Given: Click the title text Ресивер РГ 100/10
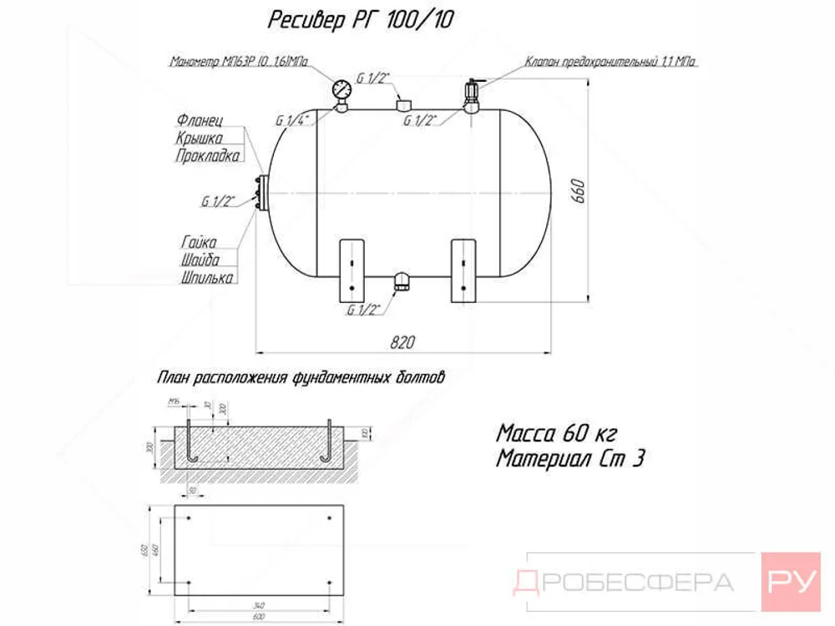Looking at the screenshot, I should click(x=362, y=20).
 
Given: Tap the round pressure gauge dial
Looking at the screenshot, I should click(x=342, y=89).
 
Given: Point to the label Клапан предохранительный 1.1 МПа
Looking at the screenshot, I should click(x=611, y=62).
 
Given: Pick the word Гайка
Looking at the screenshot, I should click(x=199, y=241).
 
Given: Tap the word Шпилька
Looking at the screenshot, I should click(x=206, y=278).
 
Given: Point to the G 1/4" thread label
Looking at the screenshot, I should click(x=292, y=121).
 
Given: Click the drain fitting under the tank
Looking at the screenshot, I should click(x=402, y=281).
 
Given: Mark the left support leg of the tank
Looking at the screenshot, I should click(x=352, y=270).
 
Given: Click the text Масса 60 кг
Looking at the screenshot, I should click(x=556, y=433).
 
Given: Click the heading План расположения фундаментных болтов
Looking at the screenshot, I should click(x=301, y=378).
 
